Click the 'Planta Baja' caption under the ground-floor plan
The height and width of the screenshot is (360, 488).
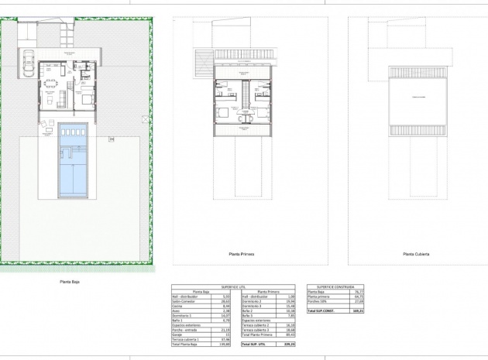tap(70, 282)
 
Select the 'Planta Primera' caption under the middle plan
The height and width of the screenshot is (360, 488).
tap(242, 253)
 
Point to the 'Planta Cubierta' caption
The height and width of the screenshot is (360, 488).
tap(416, 253)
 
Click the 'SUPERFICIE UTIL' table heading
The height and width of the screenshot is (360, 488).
tap(234, 286)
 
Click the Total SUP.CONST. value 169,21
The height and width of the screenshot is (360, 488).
tap(357, 310)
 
